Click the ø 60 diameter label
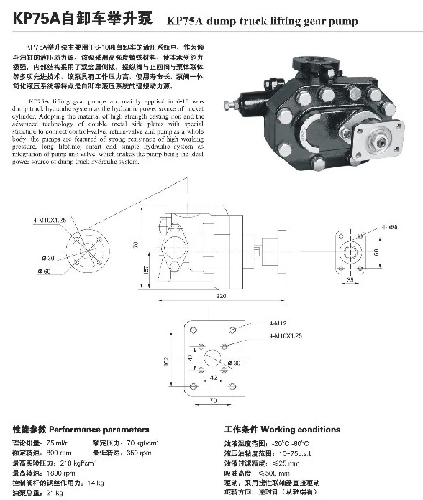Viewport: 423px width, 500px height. (47, 272)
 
